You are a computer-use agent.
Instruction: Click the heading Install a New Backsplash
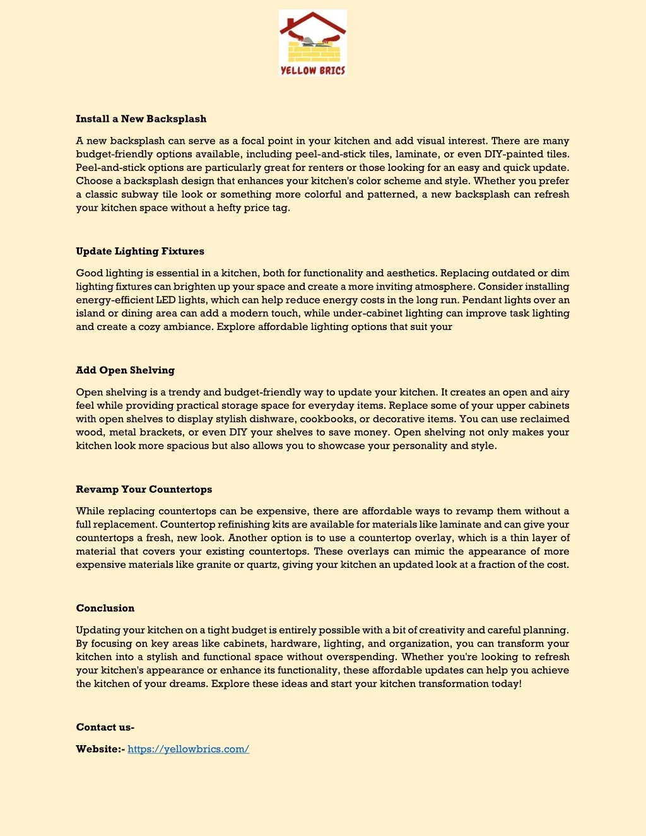click(x=141, y=119)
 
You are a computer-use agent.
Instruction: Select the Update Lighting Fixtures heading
click(x=140, y=251)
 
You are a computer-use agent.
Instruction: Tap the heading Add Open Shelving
click(x=125, y=370)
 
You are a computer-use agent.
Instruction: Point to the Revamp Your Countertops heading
click(x=144, y=490)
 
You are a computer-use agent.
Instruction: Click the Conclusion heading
click(x=105, y=608)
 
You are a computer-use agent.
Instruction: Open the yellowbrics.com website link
click(x=188, y=749)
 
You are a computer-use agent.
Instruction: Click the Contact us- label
click(x=105, y=727)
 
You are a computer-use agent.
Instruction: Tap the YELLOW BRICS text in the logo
click(x=313, y=71)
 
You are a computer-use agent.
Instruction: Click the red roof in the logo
click(x=313, y=23)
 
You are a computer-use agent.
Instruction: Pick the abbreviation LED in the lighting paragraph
click(x=165, y=300)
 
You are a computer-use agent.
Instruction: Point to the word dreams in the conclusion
click(x=187, y=684)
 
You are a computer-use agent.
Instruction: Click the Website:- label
click(x=100, y=749)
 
